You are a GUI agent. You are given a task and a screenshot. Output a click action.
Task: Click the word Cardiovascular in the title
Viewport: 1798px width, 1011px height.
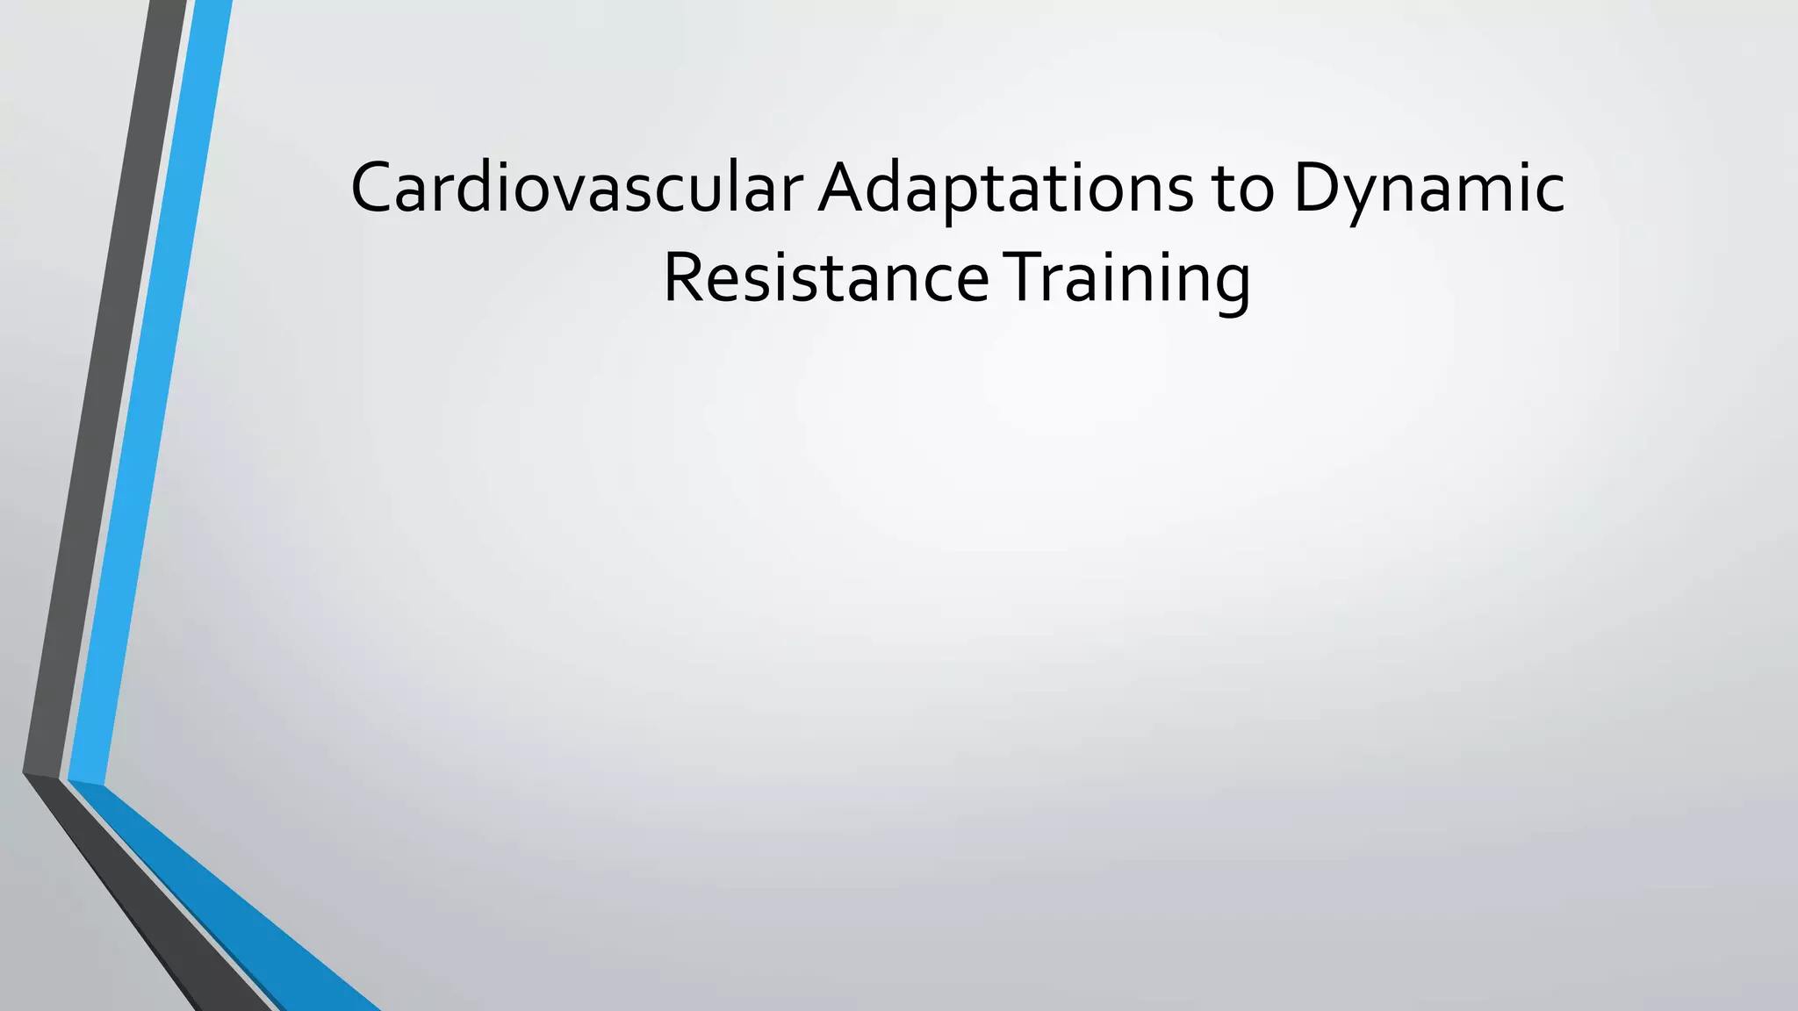coord(576,188)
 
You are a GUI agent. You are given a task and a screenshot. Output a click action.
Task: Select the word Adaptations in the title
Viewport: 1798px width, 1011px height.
coord(1005,188)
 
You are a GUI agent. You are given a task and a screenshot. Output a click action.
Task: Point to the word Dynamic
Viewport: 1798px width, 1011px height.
coord(1428,188)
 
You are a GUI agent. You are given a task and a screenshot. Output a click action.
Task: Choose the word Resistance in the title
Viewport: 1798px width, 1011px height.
coord(825,278)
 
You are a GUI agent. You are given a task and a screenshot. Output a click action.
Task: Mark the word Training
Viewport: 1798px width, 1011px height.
coord(1127,278)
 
